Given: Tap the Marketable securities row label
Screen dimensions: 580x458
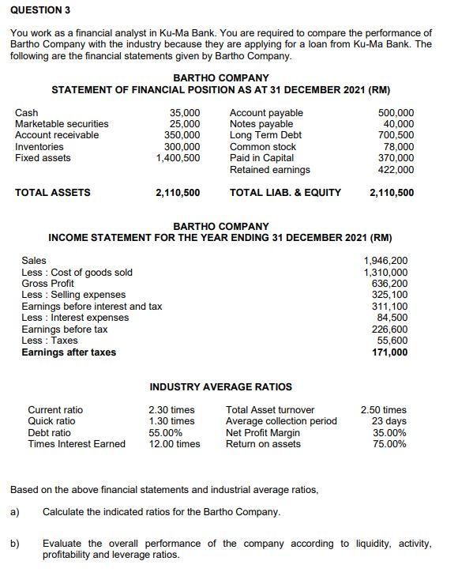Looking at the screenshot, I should coord(62,124).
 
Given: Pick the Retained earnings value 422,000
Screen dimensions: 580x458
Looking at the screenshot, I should coord(396,169).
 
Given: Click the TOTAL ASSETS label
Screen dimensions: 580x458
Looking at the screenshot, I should coord(53,192).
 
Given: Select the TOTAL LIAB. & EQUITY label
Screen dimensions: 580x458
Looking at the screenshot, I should coord(285,192).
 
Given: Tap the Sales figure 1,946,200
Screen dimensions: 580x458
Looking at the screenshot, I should coord(385,261).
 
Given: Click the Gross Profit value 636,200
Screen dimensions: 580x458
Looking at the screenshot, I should coord(390,284).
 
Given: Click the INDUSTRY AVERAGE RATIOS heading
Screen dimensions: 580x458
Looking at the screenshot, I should coord(220,386).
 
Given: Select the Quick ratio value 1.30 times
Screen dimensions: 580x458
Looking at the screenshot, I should coord(171,421).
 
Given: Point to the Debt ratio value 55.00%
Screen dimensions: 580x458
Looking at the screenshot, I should coord(166,433).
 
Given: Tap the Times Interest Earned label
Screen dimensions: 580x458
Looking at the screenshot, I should coord(77,444).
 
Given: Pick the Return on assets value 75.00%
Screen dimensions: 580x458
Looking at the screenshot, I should coord(390,444).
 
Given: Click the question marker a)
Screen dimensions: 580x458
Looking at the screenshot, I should coord(14,512).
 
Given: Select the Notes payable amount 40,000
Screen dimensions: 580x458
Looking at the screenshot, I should coord(398,124).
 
